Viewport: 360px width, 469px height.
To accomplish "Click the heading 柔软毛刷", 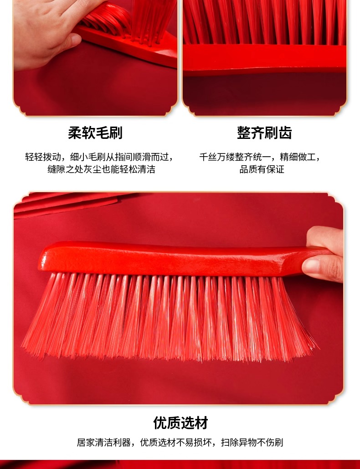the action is pyautogui.click(x=95, y=133).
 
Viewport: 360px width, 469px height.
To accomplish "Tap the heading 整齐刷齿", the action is pyautogui.click(x=265, y=133).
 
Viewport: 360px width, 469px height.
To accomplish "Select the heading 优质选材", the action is pyautogui.click(x=180, y=423).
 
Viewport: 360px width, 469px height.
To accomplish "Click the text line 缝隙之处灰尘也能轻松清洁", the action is pyautogui.click(x=102, y=169).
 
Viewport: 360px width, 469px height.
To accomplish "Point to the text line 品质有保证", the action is pyautogui.click(x=262, y=169).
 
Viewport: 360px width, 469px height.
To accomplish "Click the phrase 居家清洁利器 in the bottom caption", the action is pyautogui.click(x=103, y=443).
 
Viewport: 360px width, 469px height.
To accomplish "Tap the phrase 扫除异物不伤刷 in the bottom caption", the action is pyautogui.click(x=252, y=443).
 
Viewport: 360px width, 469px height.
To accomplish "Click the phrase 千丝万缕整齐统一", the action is pyautogui.click(x=235, y=157).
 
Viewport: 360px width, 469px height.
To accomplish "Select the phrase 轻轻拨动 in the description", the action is pyautogui.click(x=43, y=157).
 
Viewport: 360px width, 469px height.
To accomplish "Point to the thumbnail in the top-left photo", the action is pyautogui.click(x=75, y=39).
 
